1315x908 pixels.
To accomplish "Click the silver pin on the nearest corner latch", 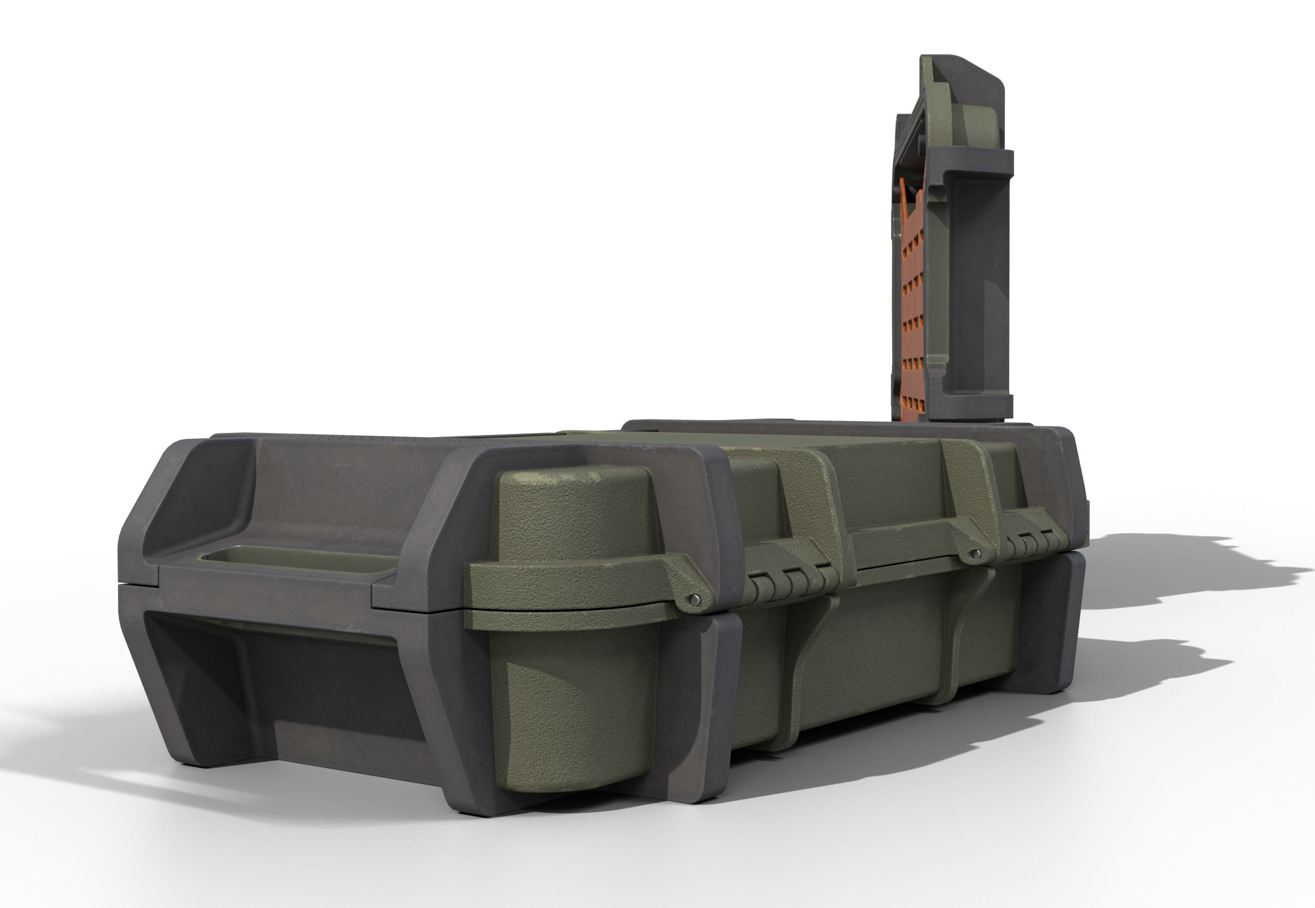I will coord(695,598).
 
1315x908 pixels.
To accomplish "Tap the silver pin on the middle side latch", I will coord(977,554).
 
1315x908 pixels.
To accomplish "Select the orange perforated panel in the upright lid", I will coord(917,296).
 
